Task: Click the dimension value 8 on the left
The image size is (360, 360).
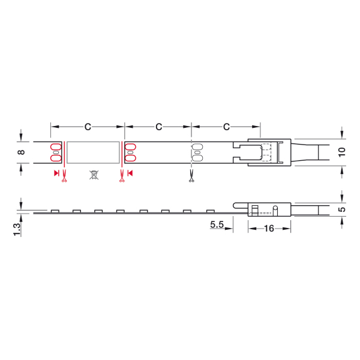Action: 22,152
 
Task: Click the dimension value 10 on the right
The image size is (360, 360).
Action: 342,152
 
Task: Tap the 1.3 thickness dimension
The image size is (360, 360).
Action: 17,229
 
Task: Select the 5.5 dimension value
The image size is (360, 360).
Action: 217,224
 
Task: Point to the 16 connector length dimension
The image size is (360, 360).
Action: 269,229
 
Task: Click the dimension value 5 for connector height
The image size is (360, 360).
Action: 342,209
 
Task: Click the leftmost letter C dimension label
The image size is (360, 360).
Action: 88,127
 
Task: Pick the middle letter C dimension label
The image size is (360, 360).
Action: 159,127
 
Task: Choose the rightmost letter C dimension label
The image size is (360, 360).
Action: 226,127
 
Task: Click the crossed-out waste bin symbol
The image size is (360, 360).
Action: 94,175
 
